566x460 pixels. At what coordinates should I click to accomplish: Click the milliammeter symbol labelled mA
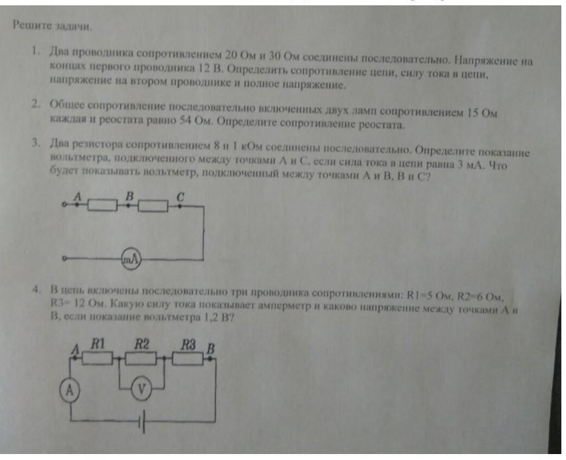click(131, 260)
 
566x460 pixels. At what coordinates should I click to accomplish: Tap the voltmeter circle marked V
click(140, 389)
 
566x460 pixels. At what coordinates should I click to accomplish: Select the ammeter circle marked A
click(69, 390)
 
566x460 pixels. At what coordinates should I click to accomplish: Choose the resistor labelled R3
click(189, 358)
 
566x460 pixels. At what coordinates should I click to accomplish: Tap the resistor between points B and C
click(153, 206)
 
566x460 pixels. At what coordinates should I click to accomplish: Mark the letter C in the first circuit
click(181, 196)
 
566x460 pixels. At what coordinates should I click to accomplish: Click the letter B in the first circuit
click(130, 196)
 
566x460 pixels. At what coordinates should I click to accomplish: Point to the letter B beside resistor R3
click(211, 347)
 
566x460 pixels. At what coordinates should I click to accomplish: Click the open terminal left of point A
click(64, 206)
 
